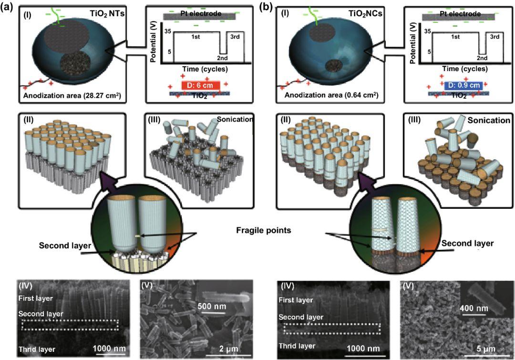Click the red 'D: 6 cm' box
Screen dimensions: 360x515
201,86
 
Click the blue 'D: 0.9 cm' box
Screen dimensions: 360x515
463,86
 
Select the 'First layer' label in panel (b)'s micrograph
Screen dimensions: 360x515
297,299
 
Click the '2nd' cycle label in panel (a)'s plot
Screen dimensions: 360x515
223,58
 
